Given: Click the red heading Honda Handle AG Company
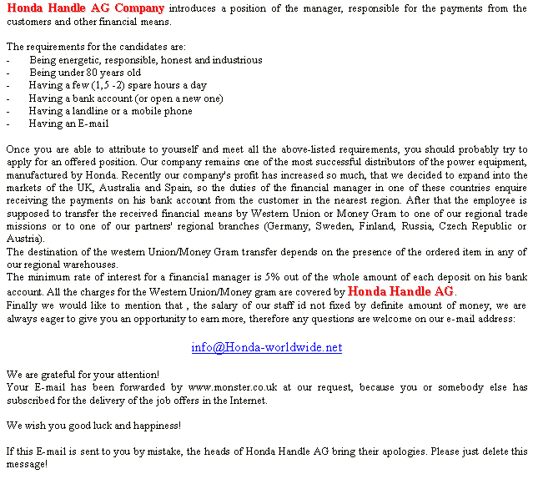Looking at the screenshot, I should tap(85, 8).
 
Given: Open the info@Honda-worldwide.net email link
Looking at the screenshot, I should tap(266, 347).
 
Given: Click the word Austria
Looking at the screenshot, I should tap(23, 239).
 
